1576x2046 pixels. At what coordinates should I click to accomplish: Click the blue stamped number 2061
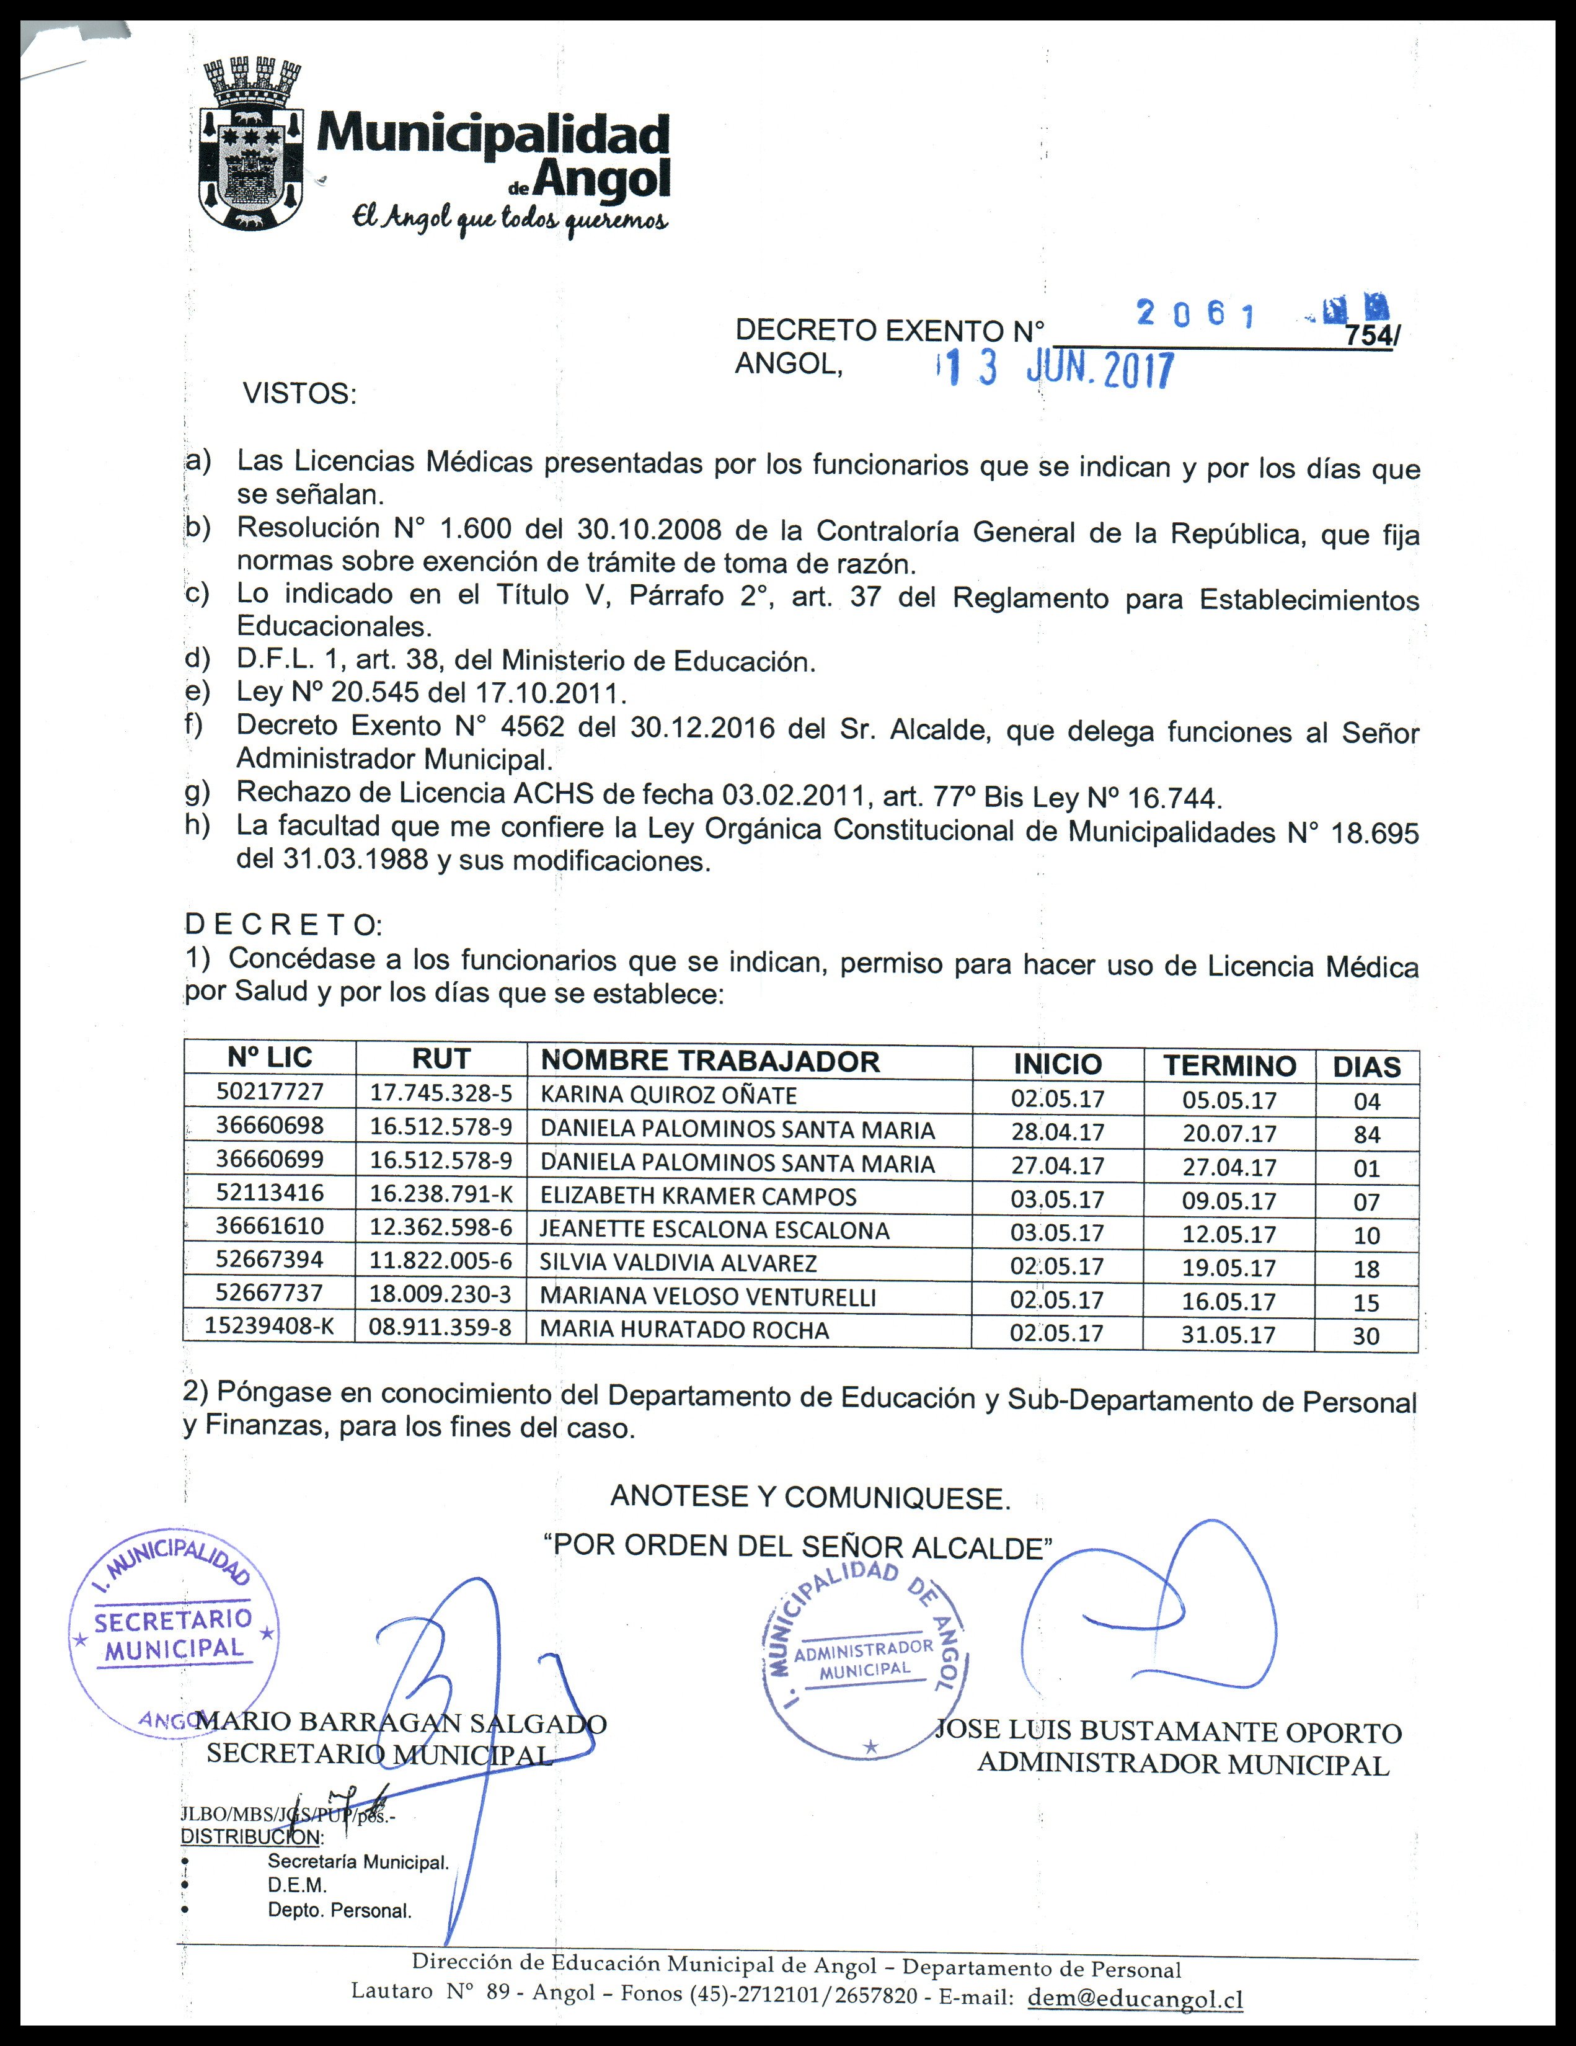(1196, 314)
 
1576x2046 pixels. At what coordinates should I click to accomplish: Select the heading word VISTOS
(299, 393)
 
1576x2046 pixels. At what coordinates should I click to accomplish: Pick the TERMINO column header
(1229, 1065)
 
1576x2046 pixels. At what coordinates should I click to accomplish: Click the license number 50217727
(270, 1092)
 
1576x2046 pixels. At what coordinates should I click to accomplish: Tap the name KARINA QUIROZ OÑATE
(668, 1095)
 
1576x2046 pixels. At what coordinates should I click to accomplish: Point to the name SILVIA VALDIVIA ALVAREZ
(678, 1263)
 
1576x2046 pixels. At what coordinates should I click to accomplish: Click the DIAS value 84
(1366, 1134)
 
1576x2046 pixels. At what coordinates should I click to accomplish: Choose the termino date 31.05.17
(1228, 1335)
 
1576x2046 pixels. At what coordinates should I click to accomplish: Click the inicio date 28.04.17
(1057, 1132)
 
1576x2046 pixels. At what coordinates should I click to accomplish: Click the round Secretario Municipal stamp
(174, 1635)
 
